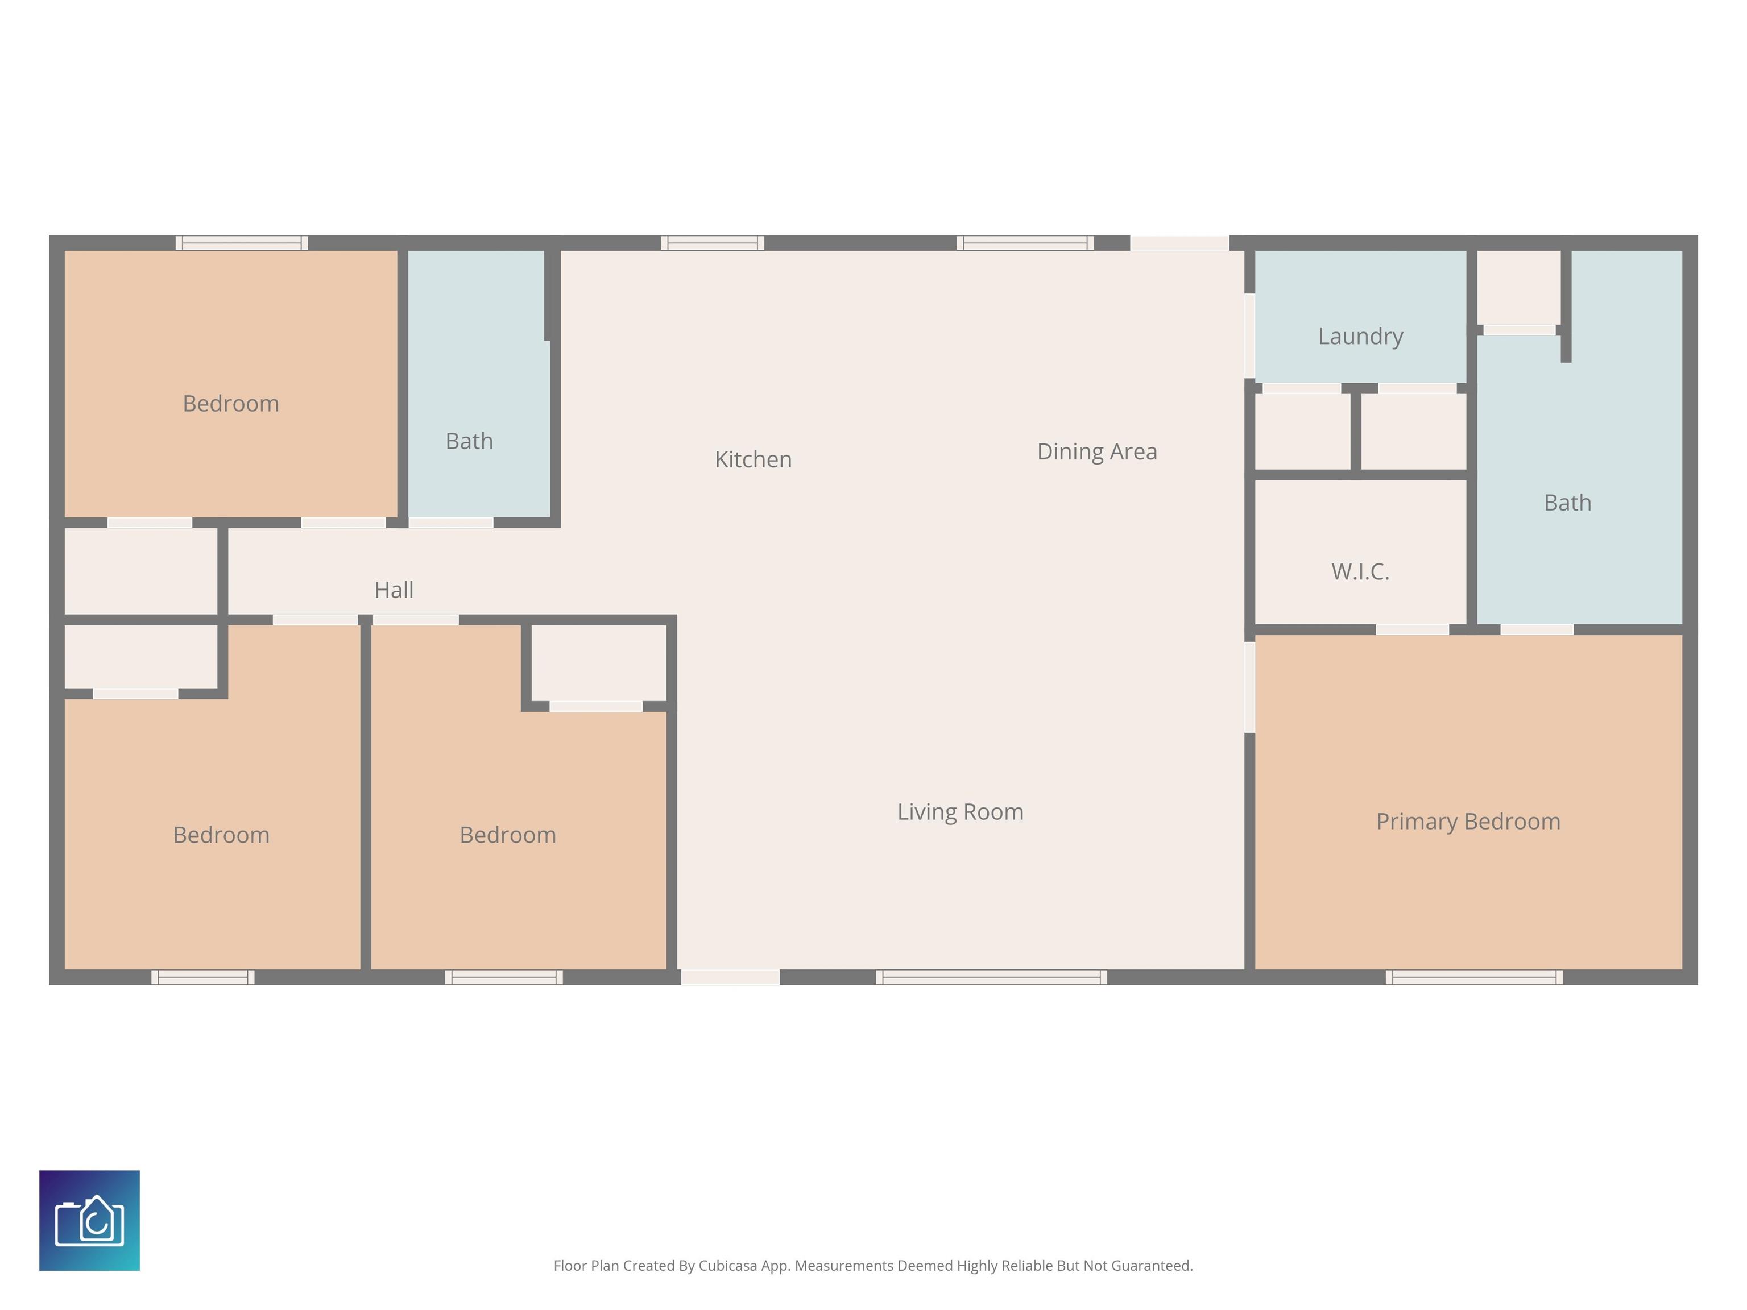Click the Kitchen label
coord(753,459)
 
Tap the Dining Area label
coord(1097,451)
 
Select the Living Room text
coord(961,812)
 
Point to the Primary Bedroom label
coord(1468,821)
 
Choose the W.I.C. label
coord(1360,571)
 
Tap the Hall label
coord(394,590)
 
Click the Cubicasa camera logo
coord(89,1220)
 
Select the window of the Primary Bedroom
coord(1473,977)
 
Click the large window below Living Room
coord(991,977)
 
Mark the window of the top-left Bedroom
coord(242,242)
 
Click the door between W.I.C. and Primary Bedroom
coord(1412,629)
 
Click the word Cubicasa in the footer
coord(727,1266)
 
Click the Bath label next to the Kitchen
coord(469,441)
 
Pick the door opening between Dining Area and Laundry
coord(1249,335)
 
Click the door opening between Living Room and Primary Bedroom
coord(1249,687)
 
